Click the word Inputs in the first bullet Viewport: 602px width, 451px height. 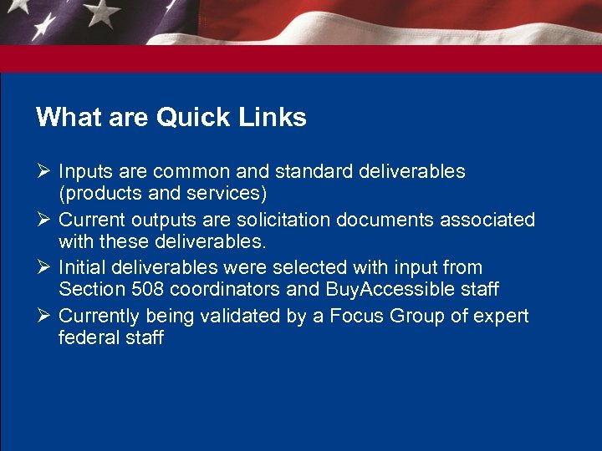click(86, 172)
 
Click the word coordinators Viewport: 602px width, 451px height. click(225, 291)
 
